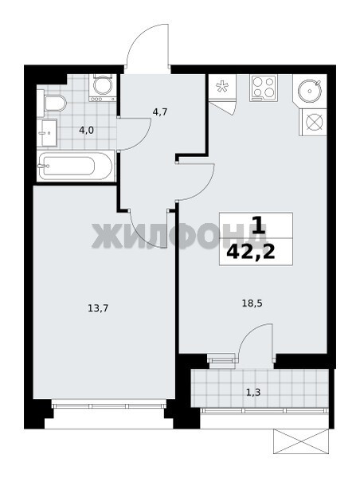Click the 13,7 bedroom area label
click(x=98, y=309)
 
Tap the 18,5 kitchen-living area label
click(x=252, y=304)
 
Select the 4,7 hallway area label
click(x=160, y=112)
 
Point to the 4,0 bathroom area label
click(x=86, y=131)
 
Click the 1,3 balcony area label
click(x=253, y=392)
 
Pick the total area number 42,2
click(x=251, y=252)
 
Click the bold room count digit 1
click(x=259, y=225)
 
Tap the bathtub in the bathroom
click(x=76, y=167)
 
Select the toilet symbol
click(x=55, y=104)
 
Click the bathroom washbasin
click(x=47, y=132)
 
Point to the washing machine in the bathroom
click(x=103, y=88)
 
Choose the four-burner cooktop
click(x=264, y=88)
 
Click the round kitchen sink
click(x=309, y=91)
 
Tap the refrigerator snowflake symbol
click(x=222, y=87)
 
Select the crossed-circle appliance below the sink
click(x=314, y=122)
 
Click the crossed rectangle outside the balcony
click(x=301, y=441)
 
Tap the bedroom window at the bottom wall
click(x=109, y=406)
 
